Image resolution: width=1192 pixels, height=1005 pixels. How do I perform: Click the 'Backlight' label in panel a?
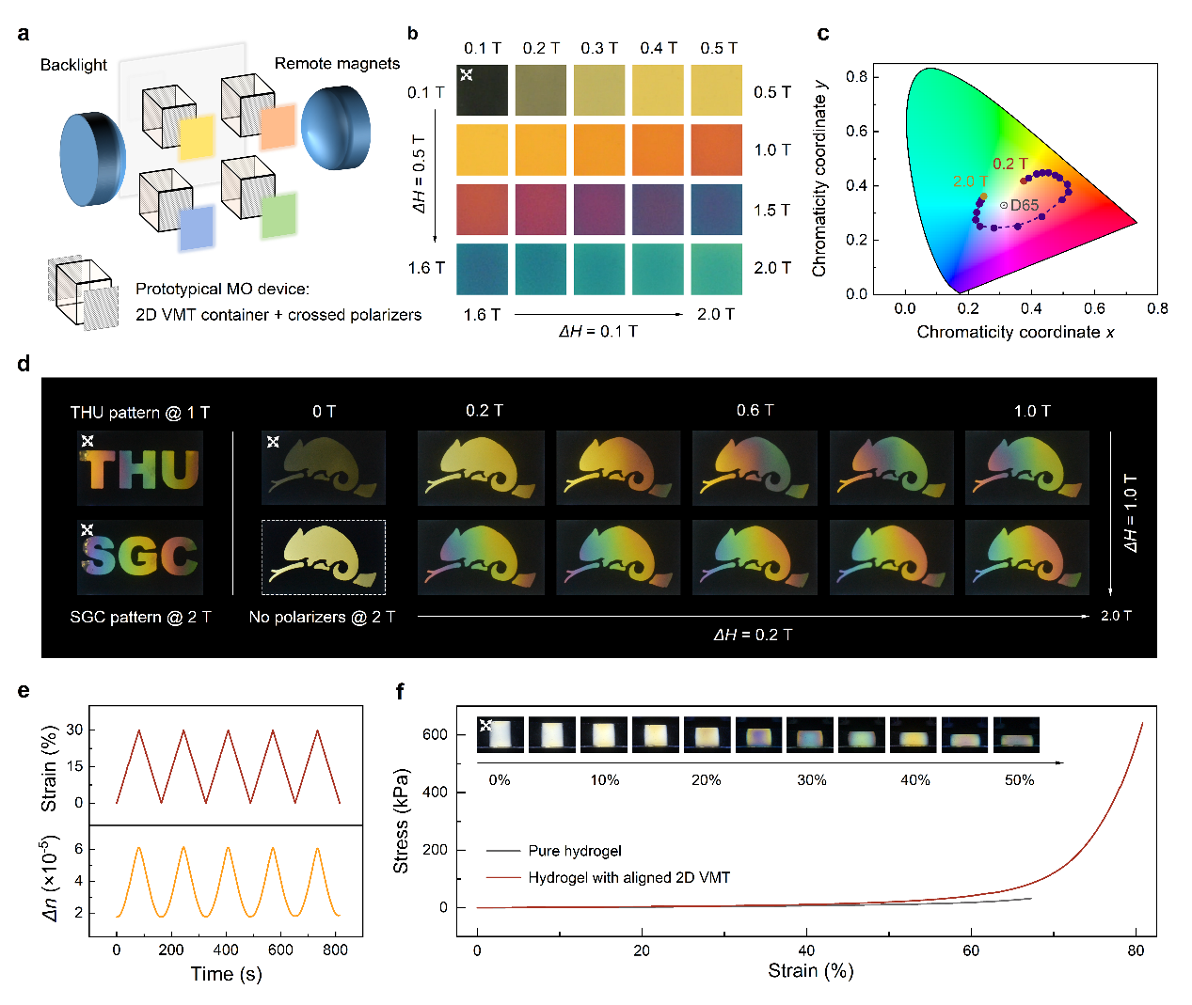tap(73, 65)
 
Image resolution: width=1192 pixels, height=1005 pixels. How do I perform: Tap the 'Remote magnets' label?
tap(337, 63)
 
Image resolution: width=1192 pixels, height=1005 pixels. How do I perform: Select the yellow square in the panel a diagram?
tap(198, 137)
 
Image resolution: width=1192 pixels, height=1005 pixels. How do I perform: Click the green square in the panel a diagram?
tap(278, 215)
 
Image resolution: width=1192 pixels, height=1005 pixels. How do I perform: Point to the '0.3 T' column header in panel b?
tap(599, 48)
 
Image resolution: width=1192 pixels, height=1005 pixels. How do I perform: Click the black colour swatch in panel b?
tap(482, 90)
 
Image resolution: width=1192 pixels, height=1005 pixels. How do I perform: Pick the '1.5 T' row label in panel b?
tap(772, 210)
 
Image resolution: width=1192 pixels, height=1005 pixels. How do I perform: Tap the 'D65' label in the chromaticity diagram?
tap(1025, 205)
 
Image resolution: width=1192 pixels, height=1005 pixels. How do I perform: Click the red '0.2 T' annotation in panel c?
tap(1010, 164)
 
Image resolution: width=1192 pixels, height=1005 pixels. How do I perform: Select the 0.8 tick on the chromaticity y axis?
tap(856, 76)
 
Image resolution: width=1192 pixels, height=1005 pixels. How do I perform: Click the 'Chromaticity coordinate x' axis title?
tap(1015, 332)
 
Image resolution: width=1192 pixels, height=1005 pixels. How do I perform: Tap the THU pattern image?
tap(140, 468)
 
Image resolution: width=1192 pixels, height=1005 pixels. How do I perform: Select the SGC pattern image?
tap(140, 557)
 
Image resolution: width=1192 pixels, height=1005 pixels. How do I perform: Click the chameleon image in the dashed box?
tap(323, 557)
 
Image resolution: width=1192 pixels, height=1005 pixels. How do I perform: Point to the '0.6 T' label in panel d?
tap(755, 411)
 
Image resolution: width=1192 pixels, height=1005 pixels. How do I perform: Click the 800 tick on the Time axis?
tap(335, 950)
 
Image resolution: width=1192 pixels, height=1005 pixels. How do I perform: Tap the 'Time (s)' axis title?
tap(226, 974)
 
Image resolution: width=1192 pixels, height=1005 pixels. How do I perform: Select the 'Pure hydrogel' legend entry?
tap(574, 851)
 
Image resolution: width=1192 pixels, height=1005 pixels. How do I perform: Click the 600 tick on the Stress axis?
tap(435, 734)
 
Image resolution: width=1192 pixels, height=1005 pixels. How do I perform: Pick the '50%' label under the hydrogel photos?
tap(1019, 780)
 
